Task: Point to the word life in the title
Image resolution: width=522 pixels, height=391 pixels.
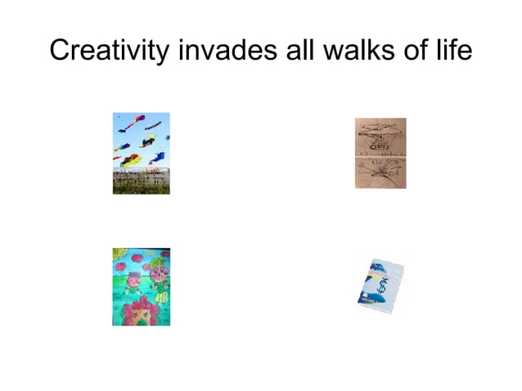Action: (452, 50)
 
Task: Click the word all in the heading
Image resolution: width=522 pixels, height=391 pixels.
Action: (299, 50)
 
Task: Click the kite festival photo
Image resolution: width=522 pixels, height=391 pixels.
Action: (141, 153)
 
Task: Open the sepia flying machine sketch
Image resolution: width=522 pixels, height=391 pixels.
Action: (380, 153)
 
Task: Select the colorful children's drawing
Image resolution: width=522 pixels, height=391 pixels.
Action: (141, 286)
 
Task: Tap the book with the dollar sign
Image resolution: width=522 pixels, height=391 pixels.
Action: (380, 285)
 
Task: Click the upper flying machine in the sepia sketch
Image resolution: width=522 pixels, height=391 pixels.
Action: (380, 134)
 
